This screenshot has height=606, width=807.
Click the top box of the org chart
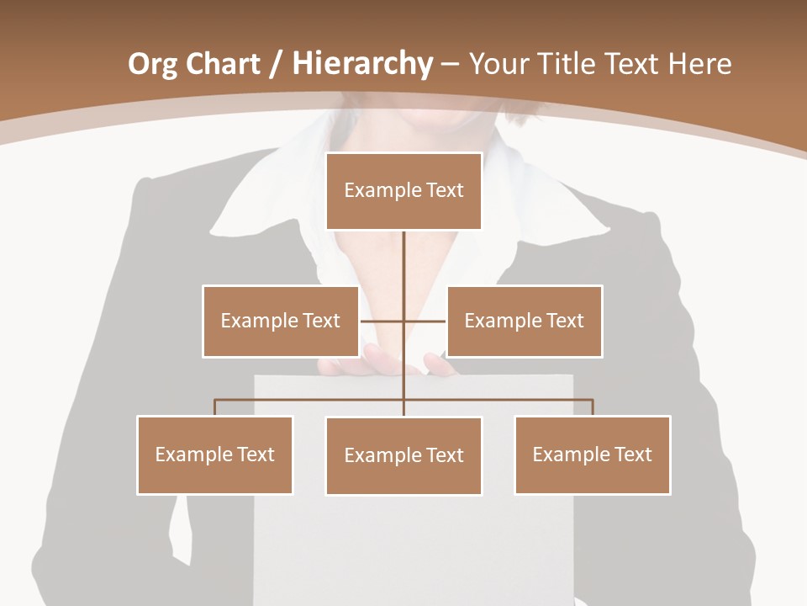click(x=403, y=191)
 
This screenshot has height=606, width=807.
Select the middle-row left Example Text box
click(x=280, y=321)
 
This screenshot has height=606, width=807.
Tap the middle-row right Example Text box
click(x=524, y=321)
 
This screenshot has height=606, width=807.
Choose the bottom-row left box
click(x=214, y=454)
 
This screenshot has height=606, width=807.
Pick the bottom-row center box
click(x=403, y=455)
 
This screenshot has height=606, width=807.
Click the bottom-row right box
click(x=592, y=454)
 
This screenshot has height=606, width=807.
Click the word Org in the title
click(x=152, y=64)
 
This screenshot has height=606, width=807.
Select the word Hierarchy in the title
click(x=362, y=64)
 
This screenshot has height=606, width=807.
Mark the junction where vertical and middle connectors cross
click(x=403, y=321)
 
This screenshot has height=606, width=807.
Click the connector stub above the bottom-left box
click(x=214, y=407)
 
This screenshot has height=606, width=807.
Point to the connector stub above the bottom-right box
click(x=592, y=407)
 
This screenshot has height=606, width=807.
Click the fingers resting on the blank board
click(x=387, y=364)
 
